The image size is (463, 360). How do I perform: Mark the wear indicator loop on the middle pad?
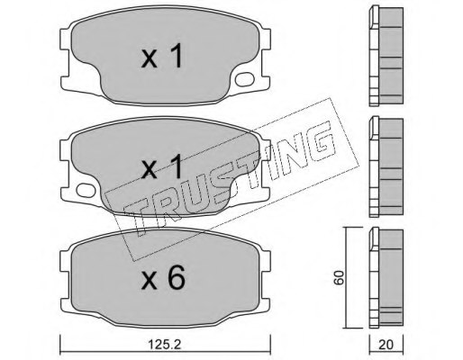tap(86, 192)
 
